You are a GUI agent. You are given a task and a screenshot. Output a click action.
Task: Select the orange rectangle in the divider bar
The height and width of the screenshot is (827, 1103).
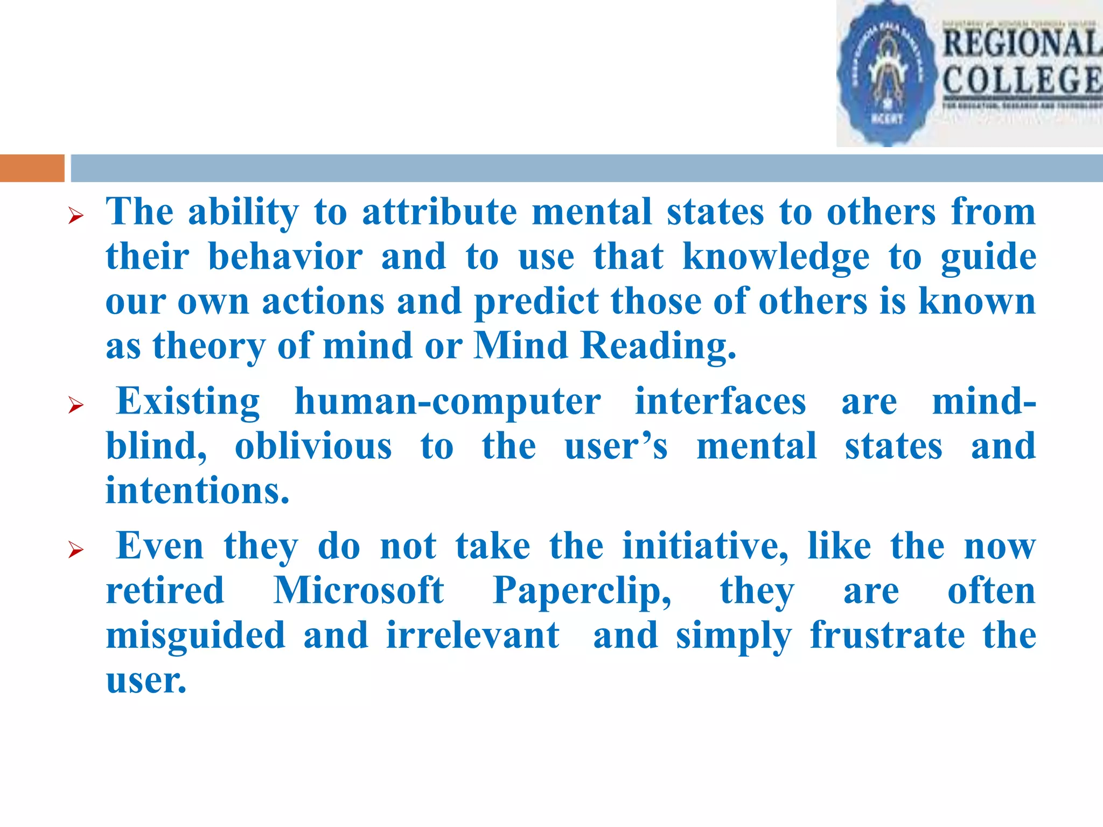point(32,168)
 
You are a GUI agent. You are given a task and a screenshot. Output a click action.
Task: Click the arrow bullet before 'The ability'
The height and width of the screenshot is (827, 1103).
point(76,216)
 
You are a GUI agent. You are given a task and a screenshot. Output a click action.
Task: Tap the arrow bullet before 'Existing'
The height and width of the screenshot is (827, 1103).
point(76,405)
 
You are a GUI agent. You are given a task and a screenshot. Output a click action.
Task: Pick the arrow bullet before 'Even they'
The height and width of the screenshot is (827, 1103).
point(76,550)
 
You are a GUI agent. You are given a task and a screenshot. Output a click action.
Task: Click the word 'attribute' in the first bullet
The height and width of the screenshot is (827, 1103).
point(439,212)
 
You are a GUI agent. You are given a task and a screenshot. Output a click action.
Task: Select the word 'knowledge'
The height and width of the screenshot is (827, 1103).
point(776,257)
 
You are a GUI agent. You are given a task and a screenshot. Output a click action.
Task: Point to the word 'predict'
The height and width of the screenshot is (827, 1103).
point(536,302)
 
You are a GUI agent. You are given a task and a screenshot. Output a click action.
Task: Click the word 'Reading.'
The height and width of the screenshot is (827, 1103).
point(658,346)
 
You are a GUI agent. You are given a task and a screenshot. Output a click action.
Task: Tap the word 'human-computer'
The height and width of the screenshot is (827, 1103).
point(448,402)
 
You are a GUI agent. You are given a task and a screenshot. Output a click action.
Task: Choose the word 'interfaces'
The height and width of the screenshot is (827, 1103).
point(721,402)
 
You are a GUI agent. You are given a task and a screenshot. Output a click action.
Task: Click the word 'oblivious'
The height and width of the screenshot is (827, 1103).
point(313,446)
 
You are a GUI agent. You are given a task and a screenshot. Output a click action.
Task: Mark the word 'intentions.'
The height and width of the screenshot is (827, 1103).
point(197,491)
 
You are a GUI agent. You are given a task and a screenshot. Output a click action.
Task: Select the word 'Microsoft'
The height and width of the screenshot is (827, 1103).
point(359,591)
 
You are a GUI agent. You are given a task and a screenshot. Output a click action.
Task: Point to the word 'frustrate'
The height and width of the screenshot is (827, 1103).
point(888,636)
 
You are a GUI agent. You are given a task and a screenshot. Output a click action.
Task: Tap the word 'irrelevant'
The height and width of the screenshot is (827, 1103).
point(473,636)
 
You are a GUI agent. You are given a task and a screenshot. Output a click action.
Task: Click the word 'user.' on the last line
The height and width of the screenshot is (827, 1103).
point(146,681)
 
